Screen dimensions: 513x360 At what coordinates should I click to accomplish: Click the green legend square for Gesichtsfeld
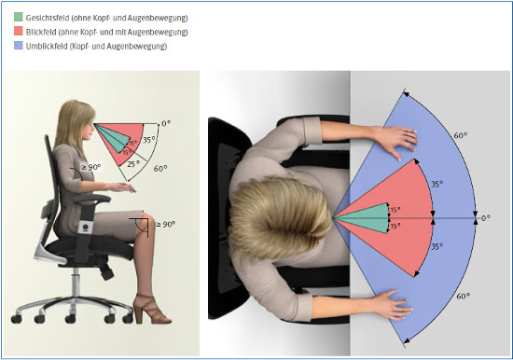pos(19,17)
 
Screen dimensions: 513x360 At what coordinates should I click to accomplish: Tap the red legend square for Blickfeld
pos(19,31)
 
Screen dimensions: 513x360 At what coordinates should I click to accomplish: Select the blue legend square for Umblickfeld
pos(19,45)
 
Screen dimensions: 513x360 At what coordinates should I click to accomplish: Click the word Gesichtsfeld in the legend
pos(48,18)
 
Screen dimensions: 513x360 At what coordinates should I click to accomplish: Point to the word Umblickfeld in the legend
pos(47,46)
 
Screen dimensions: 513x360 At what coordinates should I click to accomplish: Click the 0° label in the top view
pos(486,218)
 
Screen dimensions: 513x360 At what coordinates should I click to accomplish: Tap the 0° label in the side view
pos(166,124)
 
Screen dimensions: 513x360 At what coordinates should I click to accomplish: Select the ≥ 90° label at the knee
pos(165,225)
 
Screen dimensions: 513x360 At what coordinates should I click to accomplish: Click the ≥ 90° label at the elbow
pos(91,167)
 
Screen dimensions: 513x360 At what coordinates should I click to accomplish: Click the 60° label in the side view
pos(160,168)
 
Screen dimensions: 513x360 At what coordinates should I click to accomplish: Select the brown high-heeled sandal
pos(151,310)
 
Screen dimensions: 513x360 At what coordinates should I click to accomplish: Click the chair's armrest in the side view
pos(92,199)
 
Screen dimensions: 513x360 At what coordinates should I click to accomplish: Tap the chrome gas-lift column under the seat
pos(76,282)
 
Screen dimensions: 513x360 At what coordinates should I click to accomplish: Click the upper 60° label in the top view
pos(461,135)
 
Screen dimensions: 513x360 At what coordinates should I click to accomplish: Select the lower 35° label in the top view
pos(437,246)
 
